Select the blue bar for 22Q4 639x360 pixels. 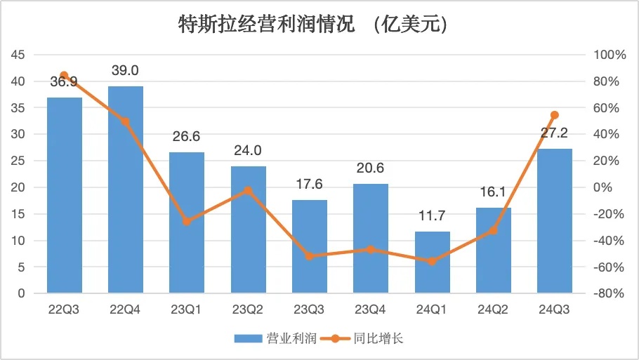pyautogui.click(x=126, y=189)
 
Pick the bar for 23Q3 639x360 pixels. pyautogui.click(x=310, y=246)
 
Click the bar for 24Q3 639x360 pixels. pyautogui.click(x=555, y=221)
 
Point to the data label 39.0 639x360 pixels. pyautogui.click(x=126, y=70)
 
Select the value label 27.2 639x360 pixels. pyautogui.click(x=555, y=133)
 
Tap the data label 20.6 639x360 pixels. pyautogui.click(x=371, y=168)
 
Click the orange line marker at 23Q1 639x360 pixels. pyautogui.click(x=187, y=222)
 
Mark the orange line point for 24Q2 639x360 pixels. pyautogui.click(x=494, y=230)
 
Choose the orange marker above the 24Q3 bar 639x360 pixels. pyautogui.click(x=555, y=115)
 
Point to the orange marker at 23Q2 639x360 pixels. pyautogui.click(x=249, y=190)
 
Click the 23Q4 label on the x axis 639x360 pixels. pyautogui.click(x=371, y=309)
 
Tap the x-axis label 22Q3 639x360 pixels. pyautogui.click(x=64, y=309)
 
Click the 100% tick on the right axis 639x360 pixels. pyautogui.click(x=608, y=55)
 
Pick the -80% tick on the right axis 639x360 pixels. pyautogui.click(x=608, y=293)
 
